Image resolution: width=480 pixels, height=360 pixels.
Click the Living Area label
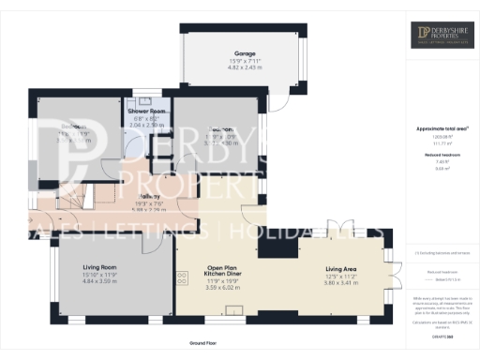[x=342, y=267]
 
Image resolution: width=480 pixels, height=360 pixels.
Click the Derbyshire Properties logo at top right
[x=442, y=35]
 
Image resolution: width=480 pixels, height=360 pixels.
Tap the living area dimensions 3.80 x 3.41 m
[x=342, y=282]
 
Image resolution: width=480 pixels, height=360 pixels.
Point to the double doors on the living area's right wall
[x=396, y=278]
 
